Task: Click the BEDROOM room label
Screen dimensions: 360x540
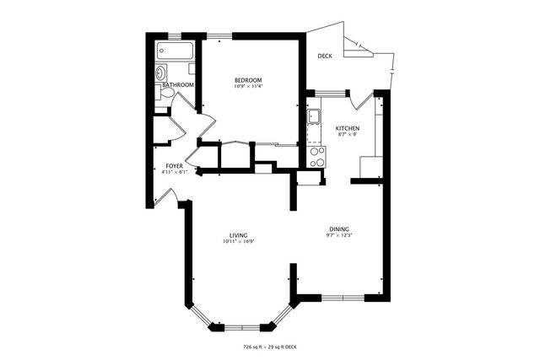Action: click(249, 80)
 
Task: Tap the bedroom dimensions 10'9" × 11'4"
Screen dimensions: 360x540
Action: click(249, 87)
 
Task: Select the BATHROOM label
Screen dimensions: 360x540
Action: click(178, 85)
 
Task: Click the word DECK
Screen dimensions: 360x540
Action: click(325, 56)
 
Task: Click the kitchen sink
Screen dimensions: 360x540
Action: click(313, 116)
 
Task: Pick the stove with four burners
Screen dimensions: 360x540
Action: click(317, 156)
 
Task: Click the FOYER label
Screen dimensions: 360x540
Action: click(174, 166)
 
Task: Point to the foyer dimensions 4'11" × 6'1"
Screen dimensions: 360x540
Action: click(174, 173)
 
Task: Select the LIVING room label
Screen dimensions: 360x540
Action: click(239, 235)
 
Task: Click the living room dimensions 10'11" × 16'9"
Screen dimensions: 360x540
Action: click(239, 242)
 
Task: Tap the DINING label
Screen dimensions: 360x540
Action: click(340, 228)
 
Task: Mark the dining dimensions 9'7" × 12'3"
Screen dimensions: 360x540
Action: click(340, 235)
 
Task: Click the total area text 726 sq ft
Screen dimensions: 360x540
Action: click(253, 347)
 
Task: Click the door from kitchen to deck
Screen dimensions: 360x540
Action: click(364, 99)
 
